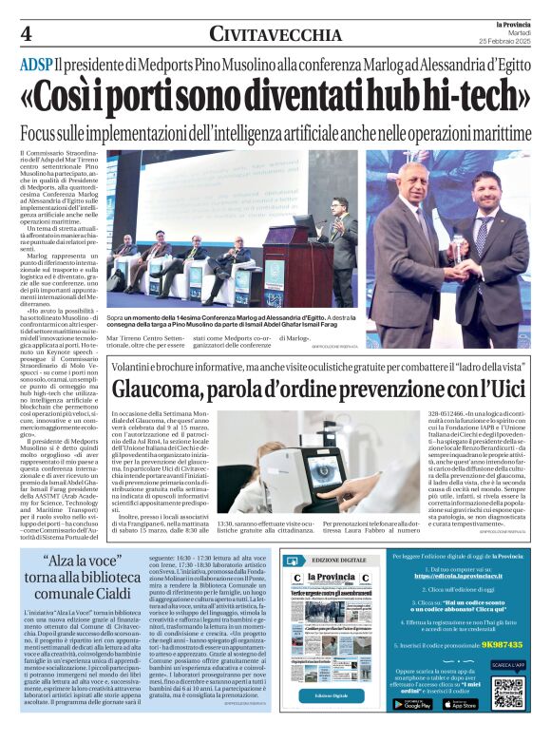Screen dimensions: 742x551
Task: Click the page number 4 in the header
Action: pos(26,34)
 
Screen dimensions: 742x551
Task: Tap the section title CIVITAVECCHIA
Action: pos(275,35)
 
